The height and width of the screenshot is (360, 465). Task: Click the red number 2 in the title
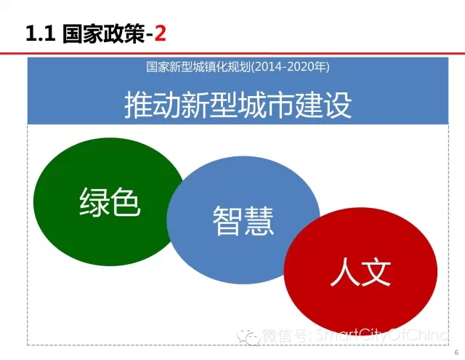point(160,33)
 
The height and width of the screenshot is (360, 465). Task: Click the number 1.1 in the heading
point(41,33)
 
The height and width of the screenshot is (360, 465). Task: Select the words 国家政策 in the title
point(103,33)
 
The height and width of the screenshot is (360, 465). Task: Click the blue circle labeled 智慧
point(243,220)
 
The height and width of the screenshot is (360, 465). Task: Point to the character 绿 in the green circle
point(94,201)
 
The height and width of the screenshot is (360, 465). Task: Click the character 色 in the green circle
point(126,201)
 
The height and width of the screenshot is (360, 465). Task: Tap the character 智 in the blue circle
point(227,220)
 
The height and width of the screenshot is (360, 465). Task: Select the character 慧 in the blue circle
point(259,220)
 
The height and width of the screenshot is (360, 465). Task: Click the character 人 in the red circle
point(344,272)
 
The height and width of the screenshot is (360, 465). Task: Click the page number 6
point(457,352)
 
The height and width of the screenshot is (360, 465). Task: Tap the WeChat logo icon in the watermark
point(248,337)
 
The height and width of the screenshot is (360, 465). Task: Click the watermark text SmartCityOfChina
point(382,335)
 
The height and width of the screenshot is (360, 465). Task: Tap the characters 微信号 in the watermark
point(285,335)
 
